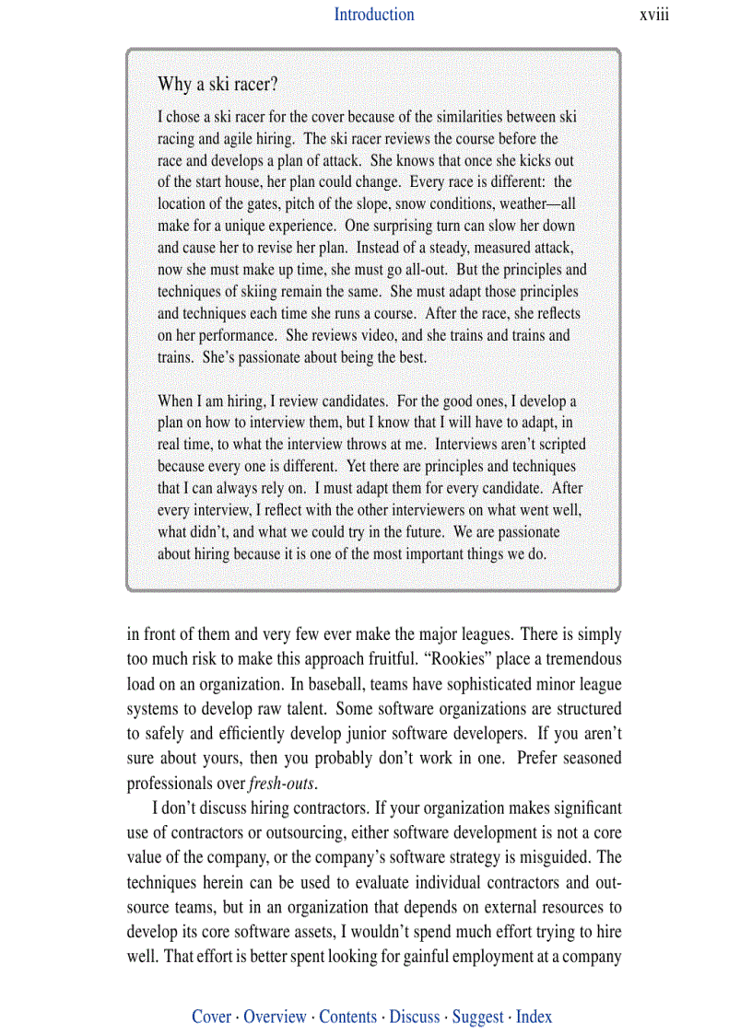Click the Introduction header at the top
[373, 15]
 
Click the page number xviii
[653, 15]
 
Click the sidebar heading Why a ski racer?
[217, 85]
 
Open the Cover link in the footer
[211, 1017]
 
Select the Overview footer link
[275, 1017]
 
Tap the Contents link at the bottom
[347, 1017]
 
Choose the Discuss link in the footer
[414, 1017]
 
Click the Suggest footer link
[477, 1017]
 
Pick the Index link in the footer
[534, 1017]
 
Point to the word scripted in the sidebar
[557, 445]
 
